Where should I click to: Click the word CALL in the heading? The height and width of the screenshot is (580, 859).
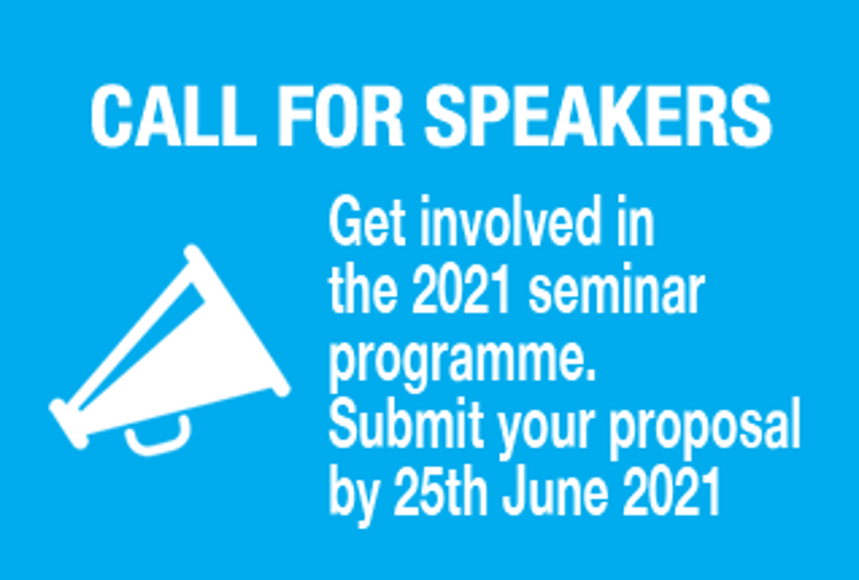174,116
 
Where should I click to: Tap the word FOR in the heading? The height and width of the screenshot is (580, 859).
341,116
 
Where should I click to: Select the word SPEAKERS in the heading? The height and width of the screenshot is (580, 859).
599,116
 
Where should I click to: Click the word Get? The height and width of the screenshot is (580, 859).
367,221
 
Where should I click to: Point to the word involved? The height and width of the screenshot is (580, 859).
512,220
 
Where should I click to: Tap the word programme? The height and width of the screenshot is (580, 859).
461,362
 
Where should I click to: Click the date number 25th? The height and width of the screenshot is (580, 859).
441,491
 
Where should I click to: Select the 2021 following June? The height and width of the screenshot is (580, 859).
671,491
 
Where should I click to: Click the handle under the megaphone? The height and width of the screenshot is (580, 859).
159,442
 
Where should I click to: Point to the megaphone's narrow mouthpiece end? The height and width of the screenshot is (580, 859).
69,424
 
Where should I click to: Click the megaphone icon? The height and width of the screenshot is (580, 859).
169,351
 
